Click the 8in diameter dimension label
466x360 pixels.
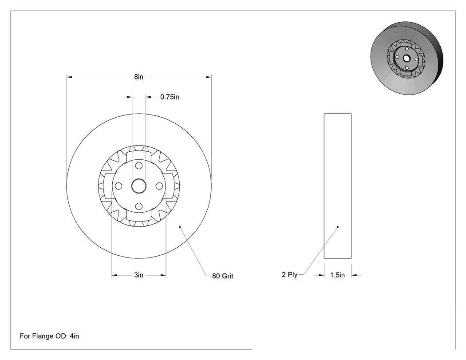[x=138, y=77]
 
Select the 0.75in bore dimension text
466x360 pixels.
[x=170, y=97]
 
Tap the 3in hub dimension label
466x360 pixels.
[x=138, y=275]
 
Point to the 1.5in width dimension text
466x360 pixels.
[x=337, y=275]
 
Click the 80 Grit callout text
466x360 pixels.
[x=223, y=276]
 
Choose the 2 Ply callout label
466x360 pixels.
[x=289, y=275]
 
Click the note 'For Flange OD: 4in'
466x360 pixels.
[x=49, y=336]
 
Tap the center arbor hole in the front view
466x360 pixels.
[x=139, y=186]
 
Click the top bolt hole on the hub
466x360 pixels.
[x=139, y=166]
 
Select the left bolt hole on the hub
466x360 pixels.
[x=118, y=186]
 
